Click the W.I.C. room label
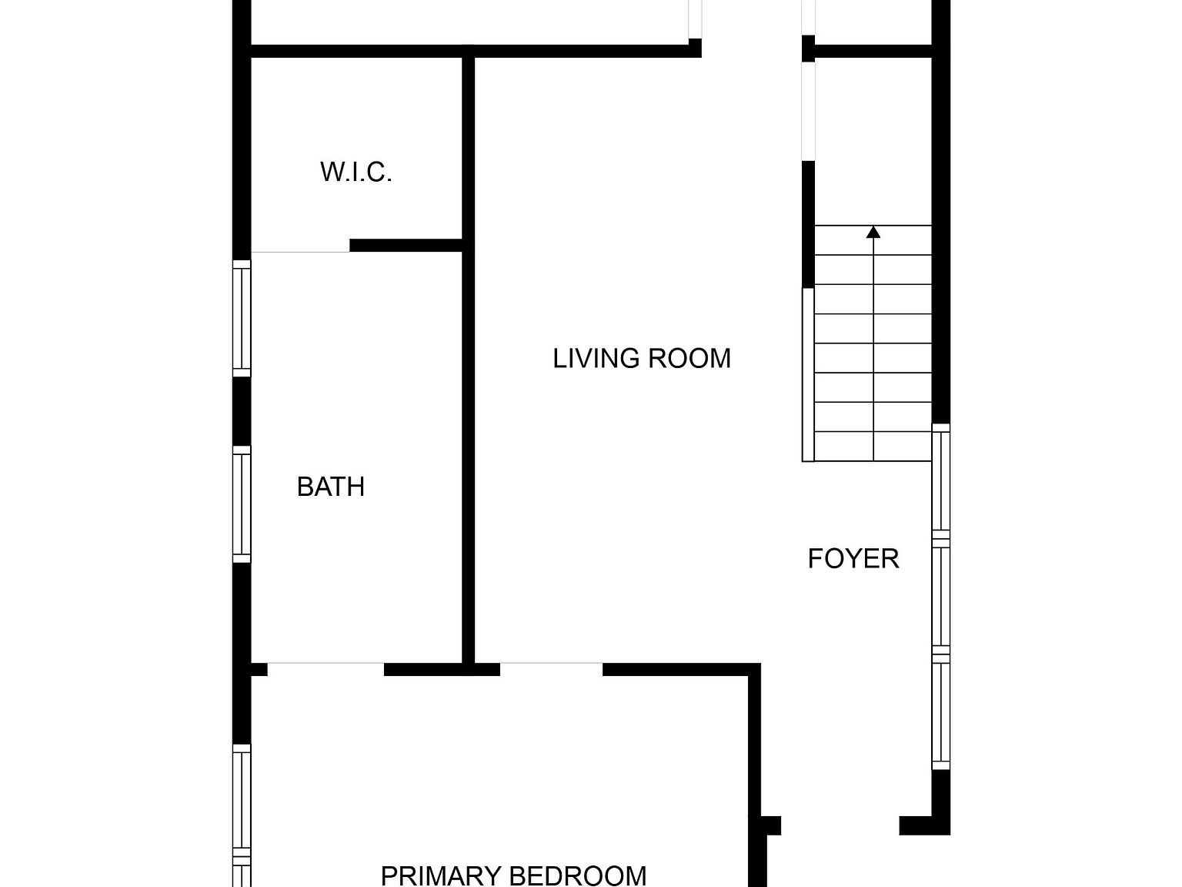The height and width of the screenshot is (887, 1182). coord(356,172)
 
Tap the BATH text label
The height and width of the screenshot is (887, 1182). coord(330,487)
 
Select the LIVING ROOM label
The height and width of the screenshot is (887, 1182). coord(642,359)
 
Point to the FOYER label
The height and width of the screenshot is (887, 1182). coord(853,559)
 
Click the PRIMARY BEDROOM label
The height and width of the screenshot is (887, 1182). coord(513,875)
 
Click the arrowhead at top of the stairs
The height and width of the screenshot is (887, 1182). coord(873,232)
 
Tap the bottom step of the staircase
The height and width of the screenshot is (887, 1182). coord(873,447)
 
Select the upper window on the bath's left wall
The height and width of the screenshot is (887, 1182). coord(242,318)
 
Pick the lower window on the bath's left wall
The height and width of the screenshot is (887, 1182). coord(242,504)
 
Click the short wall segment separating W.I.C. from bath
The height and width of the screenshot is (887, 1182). coord(406,246)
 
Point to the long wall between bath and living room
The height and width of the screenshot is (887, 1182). coord(468,454)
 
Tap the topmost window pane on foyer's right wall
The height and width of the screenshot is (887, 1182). coord(941,481)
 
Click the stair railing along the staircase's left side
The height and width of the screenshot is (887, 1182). coord(808,374)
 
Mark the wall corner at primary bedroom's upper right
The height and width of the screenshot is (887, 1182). coord(755,670)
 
